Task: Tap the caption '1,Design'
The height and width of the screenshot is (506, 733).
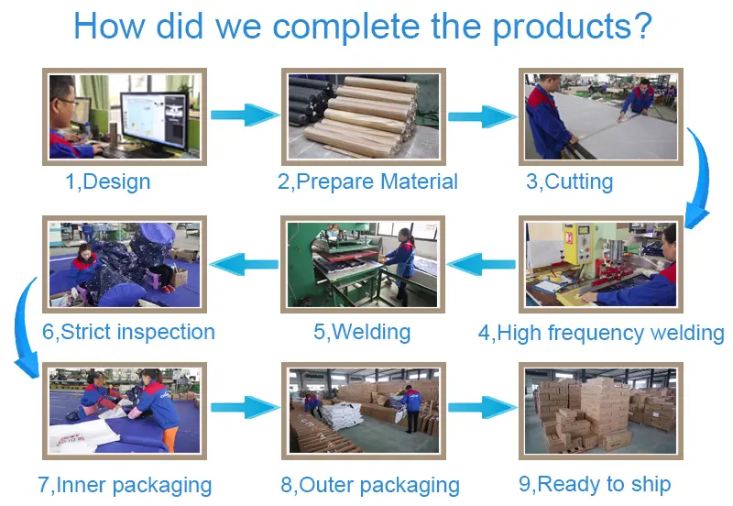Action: [x=108, y=181]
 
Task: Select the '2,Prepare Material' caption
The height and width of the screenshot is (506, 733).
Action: [x=367, y=181]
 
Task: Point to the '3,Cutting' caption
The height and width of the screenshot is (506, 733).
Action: [x=569, y=181]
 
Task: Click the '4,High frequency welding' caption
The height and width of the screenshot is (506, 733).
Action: [x=601, y=333]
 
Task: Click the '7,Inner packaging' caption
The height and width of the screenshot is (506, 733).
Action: [x=125, y=485]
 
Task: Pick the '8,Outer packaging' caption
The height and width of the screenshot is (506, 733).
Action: [x=370, y=485]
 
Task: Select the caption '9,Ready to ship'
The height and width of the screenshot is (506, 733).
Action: [x=595, y=484]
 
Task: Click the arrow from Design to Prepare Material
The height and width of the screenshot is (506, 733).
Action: [x=245, y=115]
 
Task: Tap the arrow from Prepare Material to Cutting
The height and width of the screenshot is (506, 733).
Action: [x=483, y=116]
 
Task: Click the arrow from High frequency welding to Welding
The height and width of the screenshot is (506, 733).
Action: [x=481, y=264]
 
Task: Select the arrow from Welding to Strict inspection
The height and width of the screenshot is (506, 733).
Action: [x=244, y=264]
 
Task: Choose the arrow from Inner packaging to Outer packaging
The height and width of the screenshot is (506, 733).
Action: [x=245, y=407]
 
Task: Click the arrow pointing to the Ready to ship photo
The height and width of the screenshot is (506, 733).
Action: [x=483, y=407]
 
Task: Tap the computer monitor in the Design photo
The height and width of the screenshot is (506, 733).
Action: [x=155, y=121]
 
